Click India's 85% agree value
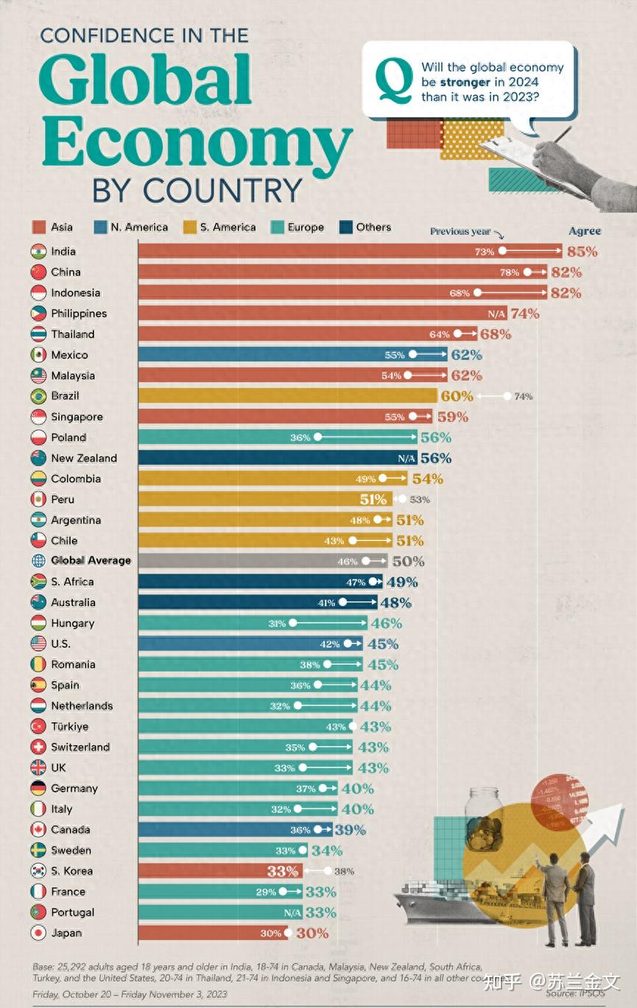click(x=582, y=251)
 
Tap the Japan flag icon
click(x=39, y=933)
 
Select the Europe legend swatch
click(x=278, y=228)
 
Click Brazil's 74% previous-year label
click(x=523, y=396)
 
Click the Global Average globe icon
click(x=39, y=560)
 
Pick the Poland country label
click(x=68, y=437)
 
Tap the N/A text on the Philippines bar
click(x=497, y=314)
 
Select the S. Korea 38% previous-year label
click(x=344, y=871)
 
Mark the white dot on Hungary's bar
click(x=293, y=623)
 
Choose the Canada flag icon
click(x=39, y=830)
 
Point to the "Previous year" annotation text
click(x=460, y=231)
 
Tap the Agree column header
click(x=585, y=231)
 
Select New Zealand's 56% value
click(x=435, y=458)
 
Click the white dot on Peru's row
click(x=402, y=499)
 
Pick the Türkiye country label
click(x=70, y=726)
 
